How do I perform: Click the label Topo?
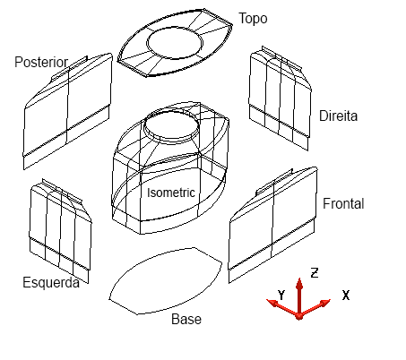(x=253, y=19)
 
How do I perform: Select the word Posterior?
(x=41, y=63)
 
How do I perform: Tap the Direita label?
(x=338, y=116)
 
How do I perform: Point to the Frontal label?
(x=343, y=203)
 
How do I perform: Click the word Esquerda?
(x=51, y=282)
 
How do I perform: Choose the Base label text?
(x=186, y=319)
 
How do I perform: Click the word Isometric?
(x=171, y=193)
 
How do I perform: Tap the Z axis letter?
(x=315, y=273)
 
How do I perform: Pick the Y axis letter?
(x=281, y=295)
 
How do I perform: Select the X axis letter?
(x=346, y=296)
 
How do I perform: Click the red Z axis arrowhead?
(x=299, y=283)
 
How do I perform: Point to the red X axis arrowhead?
(x=324, y=303)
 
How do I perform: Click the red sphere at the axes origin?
(x=299, y=316)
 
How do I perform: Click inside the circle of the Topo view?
(x=175, y=42)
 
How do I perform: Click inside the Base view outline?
(x=166, y=280)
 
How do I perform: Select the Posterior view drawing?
(x=68, y=111)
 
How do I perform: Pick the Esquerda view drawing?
(x=60, y=231)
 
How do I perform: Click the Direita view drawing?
(x=280, y=99)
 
